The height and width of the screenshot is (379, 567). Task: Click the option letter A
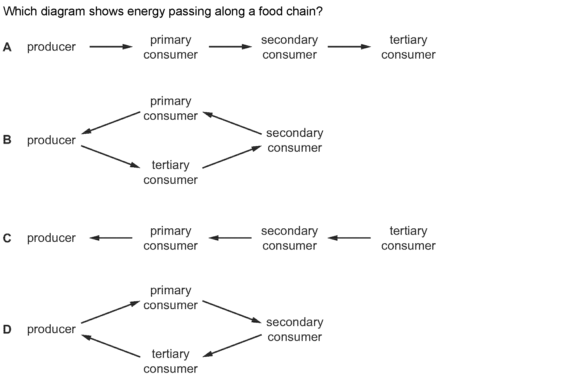7,47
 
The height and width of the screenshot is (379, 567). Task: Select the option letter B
7,140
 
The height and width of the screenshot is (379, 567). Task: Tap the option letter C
7,238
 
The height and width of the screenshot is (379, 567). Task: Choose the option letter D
7,329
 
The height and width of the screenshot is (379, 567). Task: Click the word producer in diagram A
51,47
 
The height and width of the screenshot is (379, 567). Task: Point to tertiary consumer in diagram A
408,47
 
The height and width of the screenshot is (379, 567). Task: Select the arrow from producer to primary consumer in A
111,47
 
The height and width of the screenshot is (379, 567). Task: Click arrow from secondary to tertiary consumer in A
349,47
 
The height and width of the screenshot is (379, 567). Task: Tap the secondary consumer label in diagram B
295,140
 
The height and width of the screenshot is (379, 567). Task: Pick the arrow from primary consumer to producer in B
111,123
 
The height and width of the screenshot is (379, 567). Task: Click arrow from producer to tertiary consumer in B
111,157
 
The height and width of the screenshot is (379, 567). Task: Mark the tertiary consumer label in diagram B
170,172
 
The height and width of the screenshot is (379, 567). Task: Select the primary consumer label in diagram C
170,238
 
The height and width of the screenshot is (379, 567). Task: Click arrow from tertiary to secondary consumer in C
349,238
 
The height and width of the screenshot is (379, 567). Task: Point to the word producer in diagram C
51,238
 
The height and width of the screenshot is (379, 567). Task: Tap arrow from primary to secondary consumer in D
232,312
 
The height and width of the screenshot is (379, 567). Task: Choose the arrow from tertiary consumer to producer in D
111,346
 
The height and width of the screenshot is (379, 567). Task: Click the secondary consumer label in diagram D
295,330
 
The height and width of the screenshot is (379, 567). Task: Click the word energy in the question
146,12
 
